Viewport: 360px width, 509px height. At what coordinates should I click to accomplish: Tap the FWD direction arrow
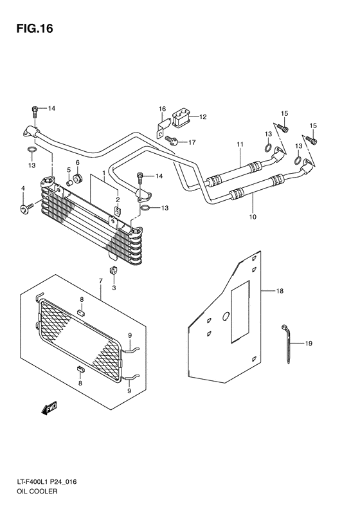(49, 407)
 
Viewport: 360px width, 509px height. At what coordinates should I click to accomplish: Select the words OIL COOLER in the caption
(33, 491)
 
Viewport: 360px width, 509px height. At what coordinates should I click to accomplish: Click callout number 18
(280, 292)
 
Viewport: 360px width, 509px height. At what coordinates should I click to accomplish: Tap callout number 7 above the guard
(100, 281)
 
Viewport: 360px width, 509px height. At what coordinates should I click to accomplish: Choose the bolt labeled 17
(171, 140)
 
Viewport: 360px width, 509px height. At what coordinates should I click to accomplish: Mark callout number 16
(163, 108)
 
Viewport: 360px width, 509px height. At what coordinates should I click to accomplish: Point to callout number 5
(68, 171)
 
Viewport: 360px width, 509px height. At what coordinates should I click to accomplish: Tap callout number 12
(202, 117)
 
